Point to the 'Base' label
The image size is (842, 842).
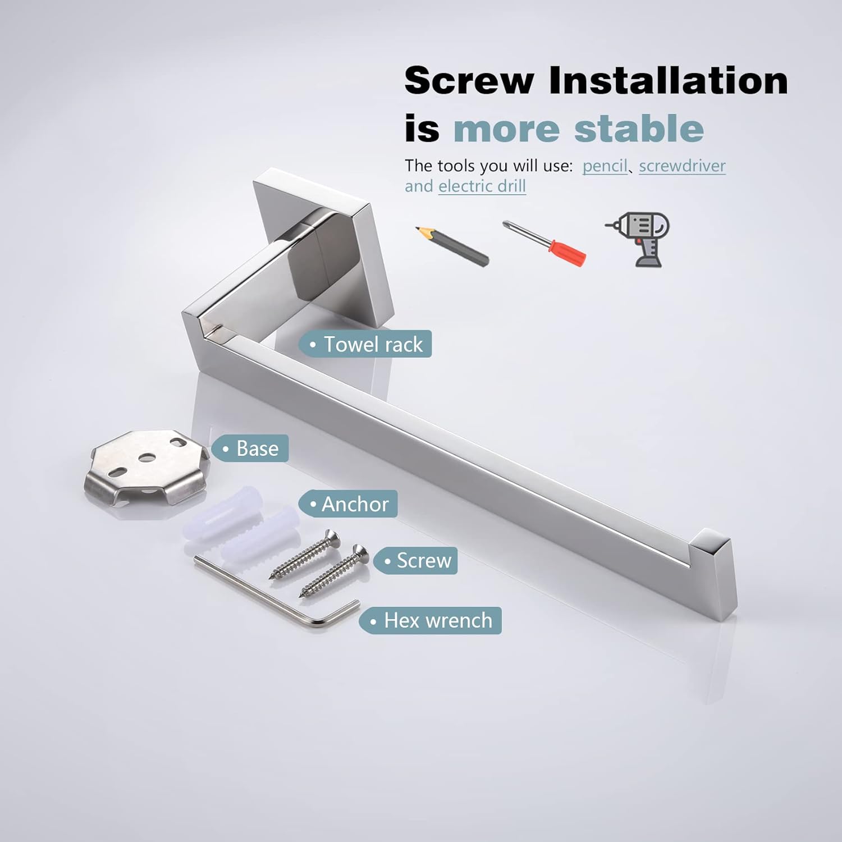[x=250, y=449]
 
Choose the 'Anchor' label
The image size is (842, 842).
[x=348, y=504]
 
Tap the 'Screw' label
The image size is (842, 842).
[x=416, y=561]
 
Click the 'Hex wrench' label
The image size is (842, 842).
[x=431, y=621]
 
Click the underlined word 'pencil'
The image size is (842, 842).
[x=605, y=166]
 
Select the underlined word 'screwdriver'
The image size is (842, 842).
[x=682, y=166]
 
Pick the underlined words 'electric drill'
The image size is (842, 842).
[x=482, y=186]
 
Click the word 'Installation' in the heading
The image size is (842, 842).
[x=669, y=80]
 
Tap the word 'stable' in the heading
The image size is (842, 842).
[x=639, y=129]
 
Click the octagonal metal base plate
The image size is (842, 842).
[x=145, y=467]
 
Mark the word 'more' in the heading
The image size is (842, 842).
[x=507, y=129]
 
